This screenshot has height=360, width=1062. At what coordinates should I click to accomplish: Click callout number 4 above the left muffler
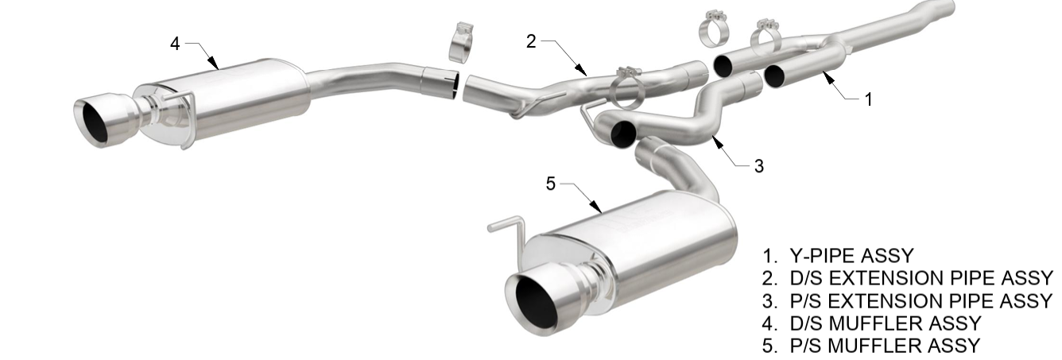[x=175, y=44]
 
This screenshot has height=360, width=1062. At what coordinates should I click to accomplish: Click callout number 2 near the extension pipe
[x=531, y=41]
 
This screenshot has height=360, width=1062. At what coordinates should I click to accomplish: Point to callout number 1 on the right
[x=869, y=99]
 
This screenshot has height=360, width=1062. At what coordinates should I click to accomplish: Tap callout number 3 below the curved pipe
[x=759, y=166]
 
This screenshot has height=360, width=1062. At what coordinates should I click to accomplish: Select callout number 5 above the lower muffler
[x=550, y=184]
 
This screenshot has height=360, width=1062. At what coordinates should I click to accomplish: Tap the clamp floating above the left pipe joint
[x=461, y=43]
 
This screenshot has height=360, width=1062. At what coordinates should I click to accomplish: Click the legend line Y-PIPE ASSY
[x=838, y=256]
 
